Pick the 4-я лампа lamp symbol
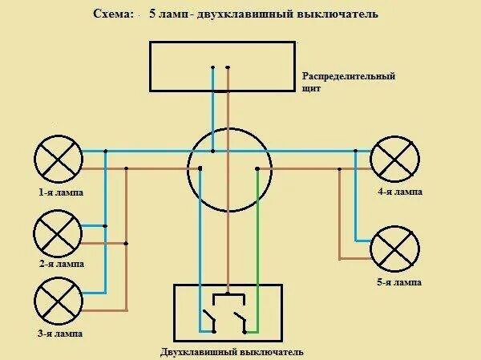[x=395, y=159]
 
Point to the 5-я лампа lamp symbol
[x=395, y=249]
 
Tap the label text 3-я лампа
[x=59, y=333]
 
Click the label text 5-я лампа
[x=399, y=283]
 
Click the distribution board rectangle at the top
[x=221, y=66]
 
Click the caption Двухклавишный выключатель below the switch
[x=231, y=352]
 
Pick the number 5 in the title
[x=152, y=14]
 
